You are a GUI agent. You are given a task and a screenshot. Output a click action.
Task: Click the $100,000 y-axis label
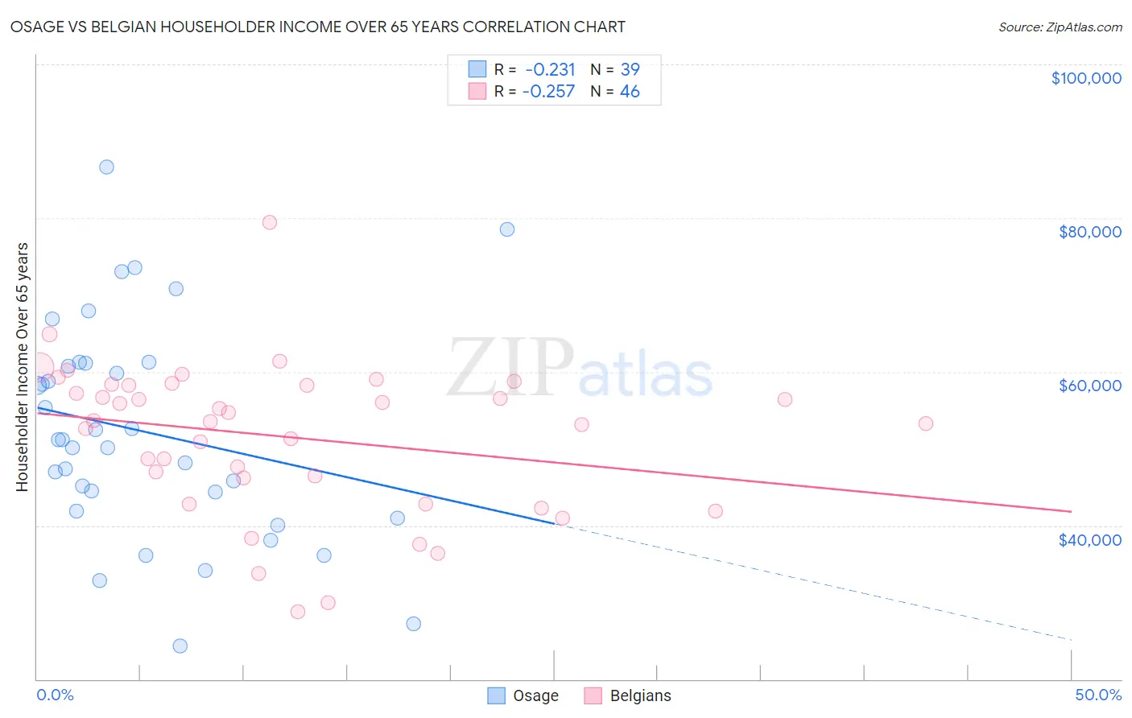point(1085,78)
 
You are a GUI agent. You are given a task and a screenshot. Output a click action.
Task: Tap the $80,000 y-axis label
point(1089,232)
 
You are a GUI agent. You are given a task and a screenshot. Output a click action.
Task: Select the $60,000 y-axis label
point(1089,386)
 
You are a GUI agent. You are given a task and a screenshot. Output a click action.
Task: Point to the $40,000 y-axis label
point(1089,540)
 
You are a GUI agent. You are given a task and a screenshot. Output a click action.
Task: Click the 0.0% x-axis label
point(55,695)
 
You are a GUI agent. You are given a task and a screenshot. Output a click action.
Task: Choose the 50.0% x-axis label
point(1097,695)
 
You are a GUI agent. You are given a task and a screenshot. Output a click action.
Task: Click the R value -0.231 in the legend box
point(550,70)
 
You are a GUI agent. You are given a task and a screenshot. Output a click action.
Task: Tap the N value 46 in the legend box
point(630,92)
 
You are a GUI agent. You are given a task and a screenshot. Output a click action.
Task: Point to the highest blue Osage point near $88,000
point(106,167)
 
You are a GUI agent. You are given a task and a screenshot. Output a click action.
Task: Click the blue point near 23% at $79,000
point(507,229)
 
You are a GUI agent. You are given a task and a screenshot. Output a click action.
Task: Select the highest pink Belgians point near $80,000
point(270,222)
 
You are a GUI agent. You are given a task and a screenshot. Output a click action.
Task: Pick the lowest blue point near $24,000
point(180,646)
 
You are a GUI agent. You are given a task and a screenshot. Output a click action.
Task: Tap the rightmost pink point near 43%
point(926,423)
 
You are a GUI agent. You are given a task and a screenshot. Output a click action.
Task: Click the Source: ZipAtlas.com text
point(1060,27)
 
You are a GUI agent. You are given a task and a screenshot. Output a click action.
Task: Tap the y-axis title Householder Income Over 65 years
point(23,366)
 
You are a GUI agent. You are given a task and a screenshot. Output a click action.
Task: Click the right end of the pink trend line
point(1071,511)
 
